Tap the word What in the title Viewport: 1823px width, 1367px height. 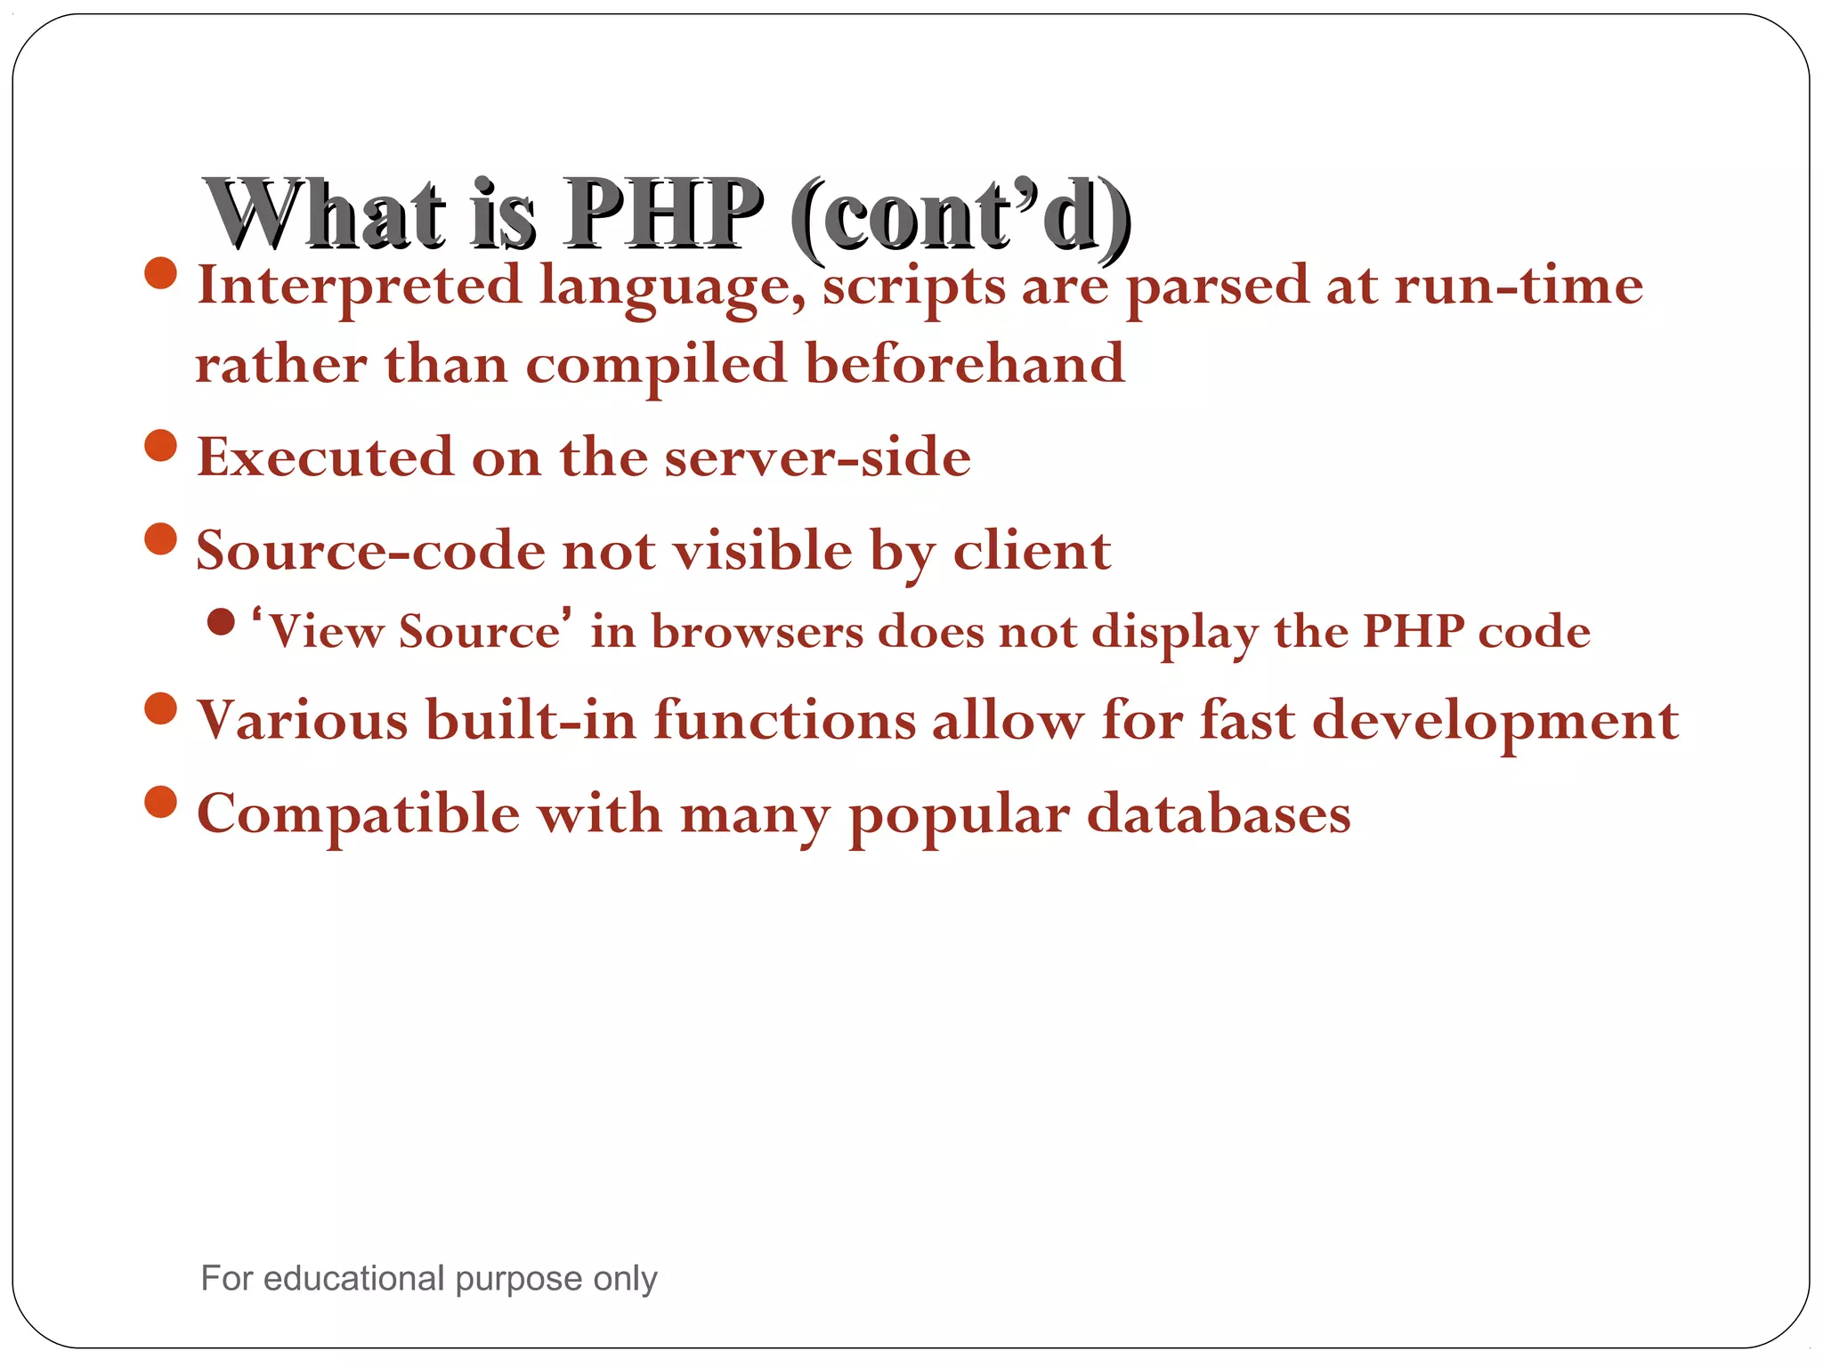(325, 214)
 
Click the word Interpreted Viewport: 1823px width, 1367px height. (359, 287)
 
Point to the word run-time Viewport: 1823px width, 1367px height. (1519, 287)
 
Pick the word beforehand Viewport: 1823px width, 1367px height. (965, 365)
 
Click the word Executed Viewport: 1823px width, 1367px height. (325, 457)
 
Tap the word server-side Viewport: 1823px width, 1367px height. (817, 457)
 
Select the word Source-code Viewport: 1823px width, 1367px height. (369, 551)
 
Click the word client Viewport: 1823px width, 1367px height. (1032, 551)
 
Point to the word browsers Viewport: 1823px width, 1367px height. (758, 632)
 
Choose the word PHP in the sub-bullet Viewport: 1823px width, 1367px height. (1414, 632)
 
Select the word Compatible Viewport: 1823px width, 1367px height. (358, 815)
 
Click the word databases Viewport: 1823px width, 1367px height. (1219, 814)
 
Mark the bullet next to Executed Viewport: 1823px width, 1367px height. (160, 445)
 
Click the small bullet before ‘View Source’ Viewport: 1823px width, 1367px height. (221, 622)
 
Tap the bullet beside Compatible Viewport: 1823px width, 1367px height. (160, 802)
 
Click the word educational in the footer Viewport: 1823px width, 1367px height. (353, 1279)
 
